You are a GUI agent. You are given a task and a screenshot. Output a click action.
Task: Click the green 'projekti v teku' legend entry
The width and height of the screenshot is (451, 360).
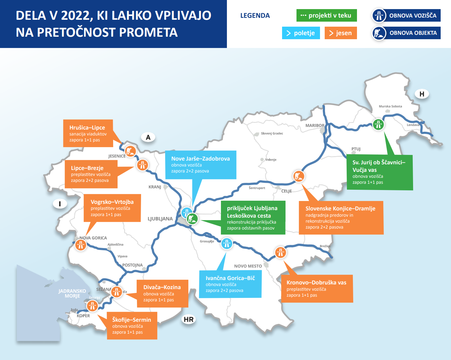(x=326, y=15)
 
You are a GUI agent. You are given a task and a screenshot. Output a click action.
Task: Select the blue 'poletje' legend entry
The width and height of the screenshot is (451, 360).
(x=301, y=33)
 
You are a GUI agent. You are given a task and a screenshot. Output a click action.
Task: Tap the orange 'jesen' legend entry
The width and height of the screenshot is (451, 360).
(x=341, y=33)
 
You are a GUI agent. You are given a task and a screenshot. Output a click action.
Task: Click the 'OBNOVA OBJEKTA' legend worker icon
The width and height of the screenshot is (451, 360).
(x=379, y=33)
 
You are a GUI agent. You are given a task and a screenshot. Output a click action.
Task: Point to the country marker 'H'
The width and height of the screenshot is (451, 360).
(x=422, y=94)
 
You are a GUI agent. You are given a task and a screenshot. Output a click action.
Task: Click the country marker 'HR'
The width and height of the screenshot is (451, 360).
(x=189, y=320)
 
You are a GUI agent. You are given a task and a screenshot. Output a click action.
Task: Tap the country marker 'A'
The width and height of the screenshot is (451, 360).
(x=148, y=137)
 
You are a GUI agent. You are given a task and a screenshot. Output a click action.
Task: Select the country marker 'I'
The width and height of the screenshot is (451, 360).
(x=60, y=204)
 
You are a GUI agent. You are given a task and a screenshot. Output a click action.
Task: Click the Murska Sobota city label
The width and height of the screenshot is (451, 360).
(x=390, y=106)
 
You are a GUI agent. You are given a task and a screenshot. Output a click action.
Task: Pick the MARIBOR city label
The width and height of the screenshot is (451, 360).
(x=315, y=125)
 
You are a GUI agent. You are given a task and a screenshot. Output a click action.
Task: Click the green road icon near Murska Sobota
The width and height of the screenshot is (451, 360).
(x=378, y=124)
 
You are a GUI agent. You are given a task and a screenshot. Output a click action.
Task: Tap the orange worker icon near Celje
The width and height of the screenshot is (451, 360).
(x=299, y=176)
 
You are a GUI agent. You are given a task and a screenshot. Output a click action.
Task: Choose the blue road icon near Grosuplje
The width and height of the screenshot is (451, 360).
(x=227, y=243)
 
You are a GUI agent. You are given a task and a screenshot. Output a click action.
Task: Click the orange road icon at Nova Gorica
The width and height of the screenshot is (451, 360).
(x=81, y=245)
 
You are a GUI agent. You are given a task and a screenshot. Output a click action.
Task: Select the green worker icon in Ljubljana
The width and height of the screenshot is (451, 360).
(x=192, y=219)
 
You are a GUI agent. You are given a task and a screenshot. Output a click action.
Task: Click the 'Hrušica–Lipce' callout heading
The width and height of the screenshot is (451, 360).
(x=87, y=128)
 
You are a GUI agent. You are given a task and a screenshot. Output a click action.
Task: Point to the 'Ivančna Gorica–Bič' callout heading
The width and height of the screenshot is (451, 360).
(x=230, y=278)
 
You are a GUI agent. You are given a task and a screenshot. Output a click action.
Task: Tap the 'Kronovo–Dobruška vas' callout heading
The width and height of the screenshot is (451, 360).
(x=316, y=283)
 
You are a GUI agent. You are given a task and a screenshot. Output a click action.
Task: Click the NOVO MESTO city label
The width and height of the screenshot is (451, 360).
(x=248, y=266)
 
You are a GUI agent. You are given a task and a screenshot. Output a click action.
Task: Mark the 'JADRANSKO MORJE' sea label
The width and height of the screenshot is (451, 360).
(x=72, y=294)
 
